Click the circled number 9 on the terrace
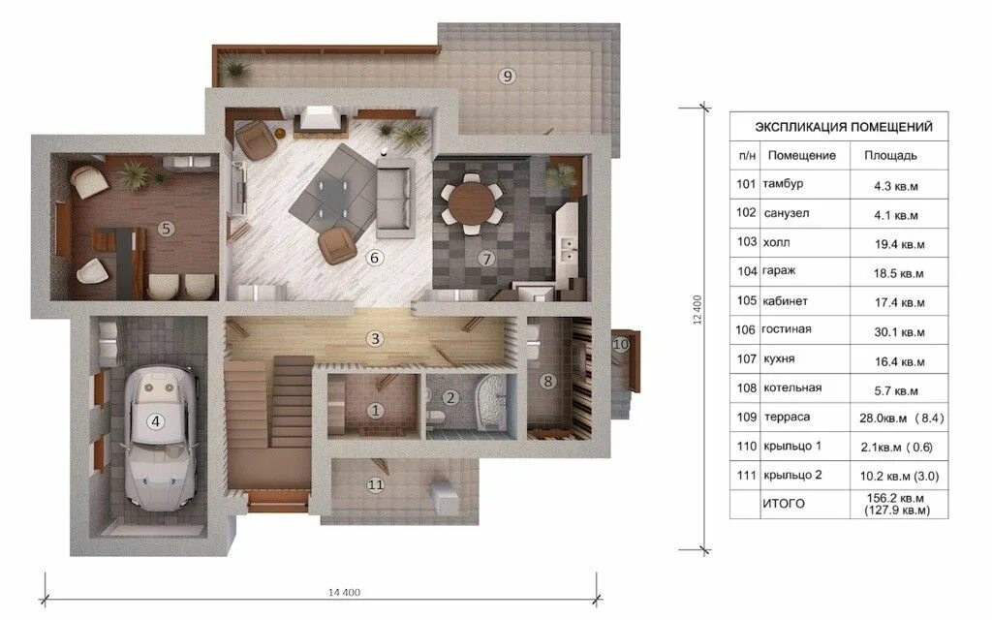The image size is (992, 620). pyautogui.click(x=508, y=76)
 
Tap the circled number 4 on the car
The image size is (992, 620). pyautogui.click(x=155, y=420)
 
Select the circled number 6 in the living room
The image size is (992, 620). pyautogui.click(x=375, y=258)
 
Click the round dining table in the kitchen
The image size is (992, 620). pyautogui.click(x=472, y=202)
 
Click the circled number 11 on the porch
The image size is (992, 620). pyautogui.click(x=375, y=484)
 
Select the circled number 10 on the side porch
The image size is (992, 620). pyautogui.click(x=621, y=344)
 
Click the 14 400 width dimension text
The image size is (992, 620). pyautogui.click(x=344, y=592)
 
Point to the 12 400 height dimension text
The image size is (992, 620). pyautogui.click(x=697, y=310)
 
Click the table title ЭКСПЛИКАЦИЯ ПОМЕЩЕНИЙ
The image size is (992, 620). pyautogui.click(x=844, y=127)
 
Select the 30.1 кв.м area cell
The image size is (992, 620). pyautogui.click(x=899, y=331)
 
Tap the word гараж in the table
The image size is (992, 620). pyautogui.click(x=779, y=271)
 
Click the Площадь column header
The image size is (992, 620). pyautogui.click(x=890, y=155)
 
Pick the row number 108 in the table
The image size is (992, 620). pyautogui.click(x=747, y=387)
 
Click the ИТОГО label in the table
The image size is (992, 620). pyautogui.click(x=783, y=504)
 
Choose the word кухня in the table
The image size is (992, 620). pyautogui.click(x=779, y=358)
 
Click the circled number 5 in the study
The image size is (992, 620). pyautogui.click(x=166, y=229)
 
